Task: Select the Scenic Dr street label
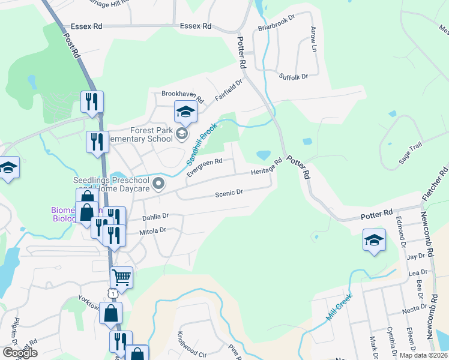[229, 193]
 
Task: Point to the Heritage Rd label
[267, 167]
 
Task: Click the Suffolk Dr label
[294, 76]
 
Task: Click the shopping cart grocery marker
[121, 277]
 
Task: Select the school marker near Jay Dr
[374, 241]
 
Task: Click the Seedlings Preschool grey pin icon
[158, 184]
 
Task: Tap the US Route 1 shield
[112, 292]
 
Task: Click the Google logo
[20, 353]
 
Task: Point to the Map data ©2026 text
[423, 355]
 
